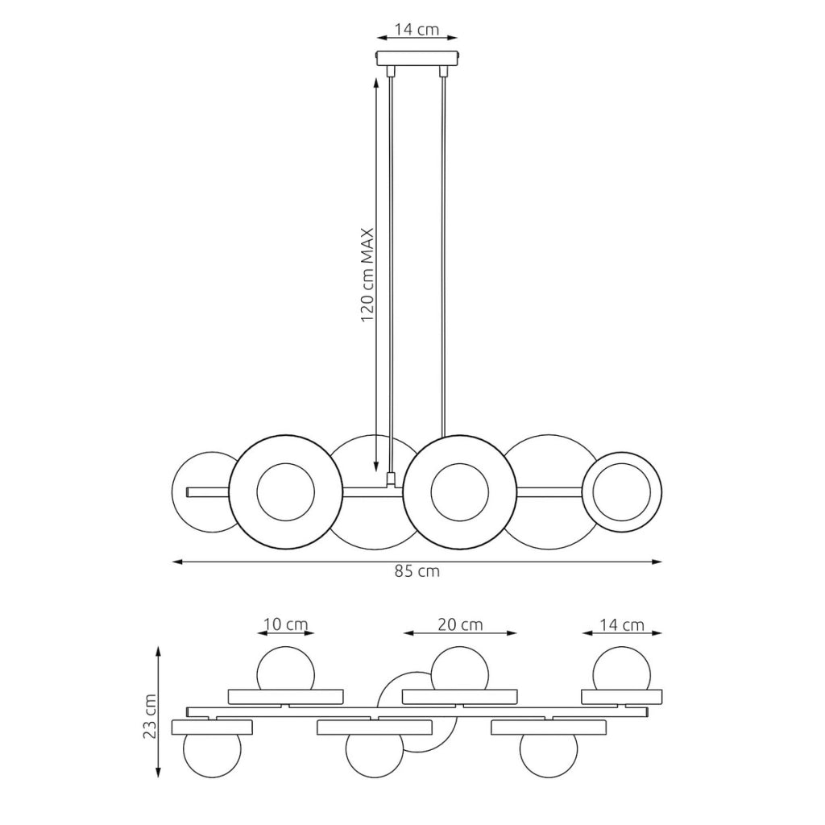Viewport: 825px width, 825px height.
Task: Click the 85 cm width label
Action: click(x=417, y=571)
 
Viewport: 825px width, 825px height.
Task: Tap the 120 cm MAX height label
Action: click(x=367, y=276)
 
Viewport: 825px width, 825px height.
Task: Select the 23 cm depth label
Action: click(x=150, y=716)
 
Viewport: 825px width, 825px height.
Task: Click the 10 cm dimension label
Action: click(x=285, y=624)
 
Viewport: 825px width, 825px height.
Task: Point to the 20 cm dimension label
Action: click(x=460, y=624)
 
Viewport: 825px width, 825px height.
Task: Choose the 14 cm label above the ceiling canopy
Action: click(x=417, y=30)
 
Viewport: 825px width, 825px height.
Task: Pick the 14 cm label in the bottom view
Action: click(x=622, y=624)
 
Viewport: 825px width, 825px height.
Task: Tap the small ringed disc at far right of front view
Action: click(x=622, y=492)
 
